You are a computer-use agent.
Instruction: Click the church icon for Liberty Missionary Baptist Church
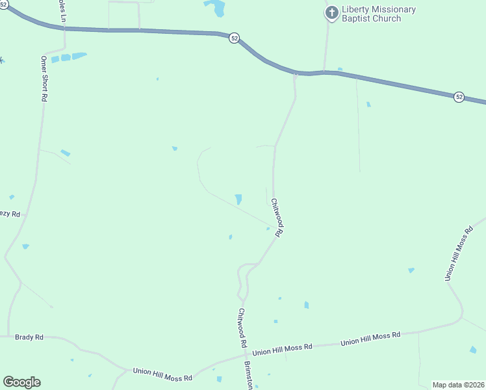pyautogui.click(x=331, y=12)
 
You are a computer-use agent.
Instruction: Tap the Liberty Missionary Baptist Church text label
pyautogui.click(x=378, y=14)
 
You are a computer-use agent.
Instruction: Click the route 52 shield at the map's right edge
pyautogui.click(x=459, y=97)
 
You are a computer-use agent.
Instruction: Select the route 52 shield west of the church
pyautogui.click(x=234, y=38)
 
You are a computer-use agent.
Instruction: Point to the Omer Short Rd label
pyautogui.click(x=44, y=78)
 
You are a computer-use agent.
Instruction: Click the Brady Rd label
pyautogui.click(x=30, y=337)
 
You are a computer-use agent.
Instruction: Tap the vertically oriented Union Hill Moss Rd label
pyautogui.click(x=459, y=254)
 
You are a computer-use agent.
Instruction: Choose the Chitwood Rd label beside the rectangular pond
pyautogui.click(x=277, y=217)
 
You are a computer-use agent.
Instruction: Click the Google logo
pyautogui.click(x=21, y=382)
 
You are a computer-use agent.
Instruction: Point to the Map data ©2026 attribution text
pyautogui.click(x=459, y=385)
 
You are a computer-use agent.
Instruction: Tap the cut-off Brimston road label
pyautogui.click(x=248, y=375)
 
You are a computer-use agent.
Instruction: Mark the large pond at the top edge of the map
pyautogui.click(x=216, y=7)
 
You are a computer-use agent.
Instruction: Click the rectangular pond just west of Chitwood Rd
pyautogui.click(x=238, y=200)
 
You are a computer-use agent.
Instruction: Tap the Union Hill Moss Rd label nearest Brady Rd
pyautogui.click(x=162, y=374)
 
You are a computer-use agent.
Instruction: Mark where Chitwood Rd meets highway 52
pyautogui.click(x=295, y=73)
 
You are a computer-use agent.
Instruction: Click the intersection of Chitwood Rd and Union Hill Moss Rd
pyautogui.click(x=244, y=355)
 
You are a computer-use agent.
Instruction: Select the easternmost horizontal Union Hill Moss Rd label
pyautogui.click(x=370, y=338)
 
